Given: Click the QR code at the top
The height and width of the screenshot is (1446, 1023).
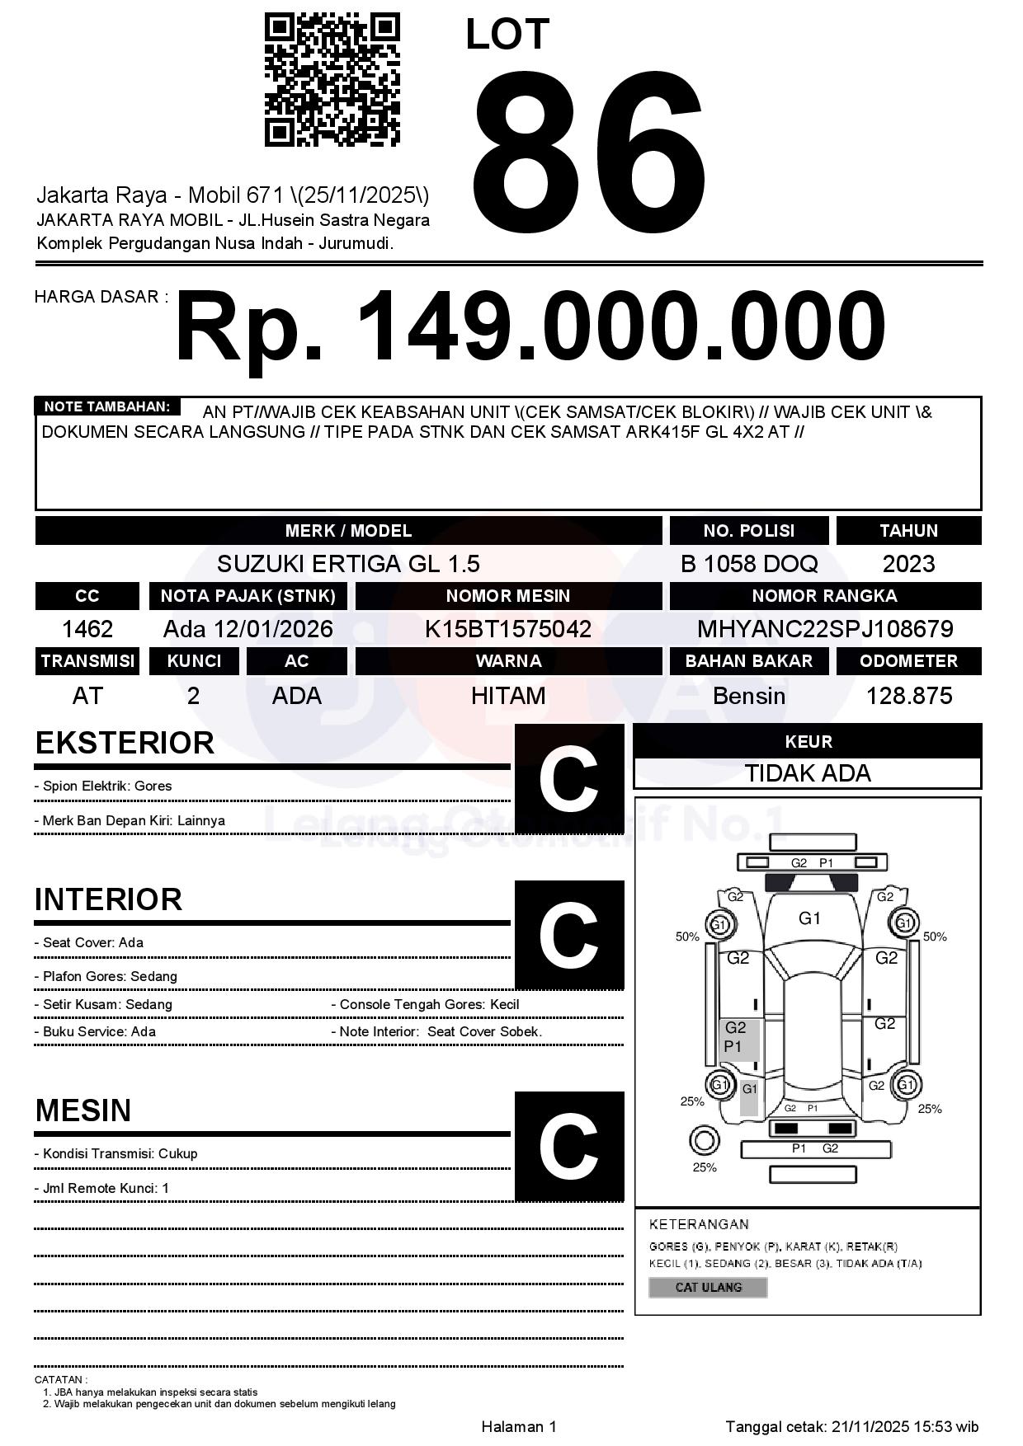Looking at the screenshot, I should coord(332,80).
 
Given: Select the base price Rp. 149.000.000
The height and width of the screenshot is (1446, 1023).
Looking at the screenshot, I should coord(530,327).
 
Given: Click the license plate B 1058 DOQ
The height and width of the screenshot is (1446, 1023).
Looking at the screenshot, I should coord(749,564).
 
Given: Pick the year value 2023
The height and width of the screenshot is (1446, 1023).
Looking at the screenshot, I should coord(908,564).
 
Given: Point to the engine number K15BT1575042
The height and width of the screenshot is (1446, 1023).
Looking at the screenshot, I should coord(508,630).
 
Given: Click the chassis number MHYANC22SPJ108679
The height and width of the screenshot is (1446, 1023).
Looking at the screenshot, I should coord(825,630).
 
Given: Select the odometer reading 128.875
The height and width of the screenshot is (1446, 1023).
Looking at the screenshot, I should coord(908,697).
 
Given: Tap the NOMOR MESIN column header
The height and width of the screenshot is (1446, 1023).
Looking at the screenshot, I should coord(508,596).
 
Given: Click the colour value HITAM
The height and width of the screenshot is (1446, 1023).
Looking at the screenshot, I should coord(508,697).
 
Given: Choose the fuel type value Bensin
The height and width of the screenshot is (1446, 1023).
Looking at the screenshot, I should coord(749,697).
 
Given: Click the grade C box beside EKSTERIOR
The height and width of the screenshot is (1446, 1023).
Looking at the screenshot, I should coord(569,779).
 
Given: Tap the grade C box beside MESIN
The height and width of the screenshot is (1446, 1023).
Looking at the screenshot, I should coord(569,1147).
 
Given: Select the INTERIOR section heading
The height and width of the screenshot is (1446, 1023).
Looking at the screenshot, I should coord(108,899).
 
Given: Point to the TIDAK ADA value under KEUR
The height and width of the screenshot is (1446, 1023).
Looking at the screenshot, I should coord(808,774).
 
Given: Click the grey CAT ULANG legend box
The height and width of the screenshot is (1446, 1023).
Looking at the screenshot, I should coord(708,1287).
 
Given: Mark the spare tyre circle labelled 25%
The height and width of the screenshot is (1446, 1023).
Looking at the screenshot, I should coord(704,1142).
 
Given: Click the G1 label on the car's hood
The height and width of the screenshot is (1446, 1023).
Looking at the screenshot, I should coord(809,918).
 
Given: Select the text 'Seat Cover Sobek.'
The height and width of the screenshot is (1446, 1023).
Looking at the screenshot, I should coord(484,1032).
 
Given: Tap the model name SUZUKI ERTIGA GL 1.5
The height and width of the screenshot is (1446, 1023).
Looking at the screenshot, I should coord(348,564).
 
